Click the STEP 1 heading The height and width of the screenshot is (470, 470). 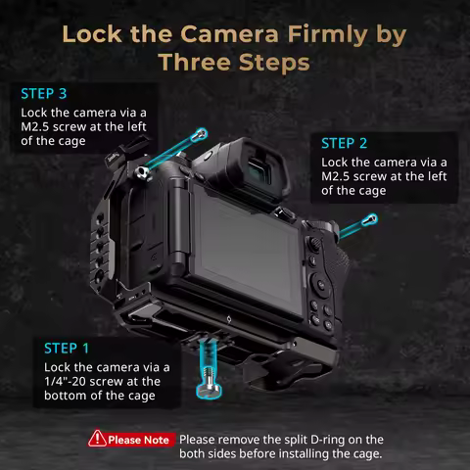pos(67,347)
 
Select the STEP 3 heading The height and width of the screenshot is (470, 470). pos(43,94)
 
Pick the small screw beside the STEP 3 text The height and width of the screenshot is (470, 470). pos(199,134)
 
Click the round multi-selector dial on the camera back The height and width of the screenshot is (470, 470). pos(323,287)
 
